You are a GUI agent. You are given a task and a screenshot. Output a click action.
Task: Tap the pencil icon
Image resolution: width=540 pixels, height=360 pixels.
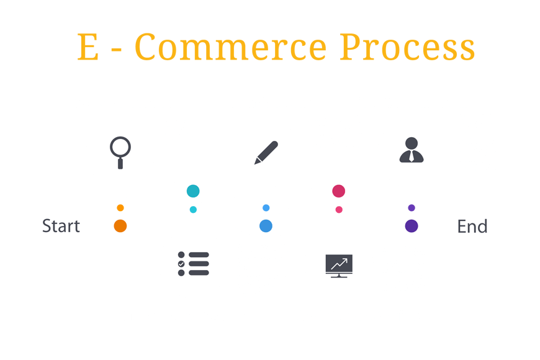(266, 152)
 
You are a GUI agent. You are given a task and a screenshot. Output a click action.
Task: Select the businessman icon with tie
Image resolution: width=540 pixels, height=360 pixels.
(412, 150)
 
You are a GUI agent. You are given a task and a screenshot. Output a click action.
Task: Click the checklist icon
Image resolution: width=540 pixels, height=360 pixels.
(192, 264)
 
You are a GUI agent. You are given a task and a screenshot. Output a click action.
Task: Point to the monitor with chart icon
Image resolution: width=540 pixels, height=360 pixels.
(338, 266)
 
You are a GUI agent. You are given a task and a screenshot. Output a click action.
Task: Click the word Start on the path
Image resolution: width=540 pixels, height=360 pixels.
(61, 226)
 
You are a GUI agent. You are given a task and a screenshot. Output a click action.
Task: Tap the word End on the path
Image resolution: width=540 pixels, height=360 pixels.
(472, 226)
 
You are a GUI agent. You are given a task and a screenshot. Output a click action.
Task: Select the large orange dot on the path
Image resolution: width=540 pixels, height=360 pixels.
(120, 226)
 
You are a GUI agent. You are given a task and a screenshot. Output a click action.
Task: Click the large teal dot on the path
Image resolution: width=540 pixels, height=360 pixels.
(193, 191)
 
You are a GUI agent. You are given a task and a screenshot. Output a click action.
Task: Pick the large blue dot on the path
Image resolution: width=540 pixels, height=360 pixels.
(266, 226)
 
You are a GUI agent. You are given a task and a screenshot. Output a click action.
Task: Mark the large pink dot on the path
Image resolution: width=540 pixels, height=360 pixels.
(338, 191)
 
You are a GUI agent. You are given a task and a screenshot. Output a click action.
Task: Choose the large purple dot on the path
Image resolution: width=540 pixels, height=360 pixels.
(411, 226)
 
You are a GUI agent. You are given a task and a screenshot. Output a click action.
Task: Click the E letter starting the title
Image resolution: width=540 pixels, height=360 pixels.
(88, 48)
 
